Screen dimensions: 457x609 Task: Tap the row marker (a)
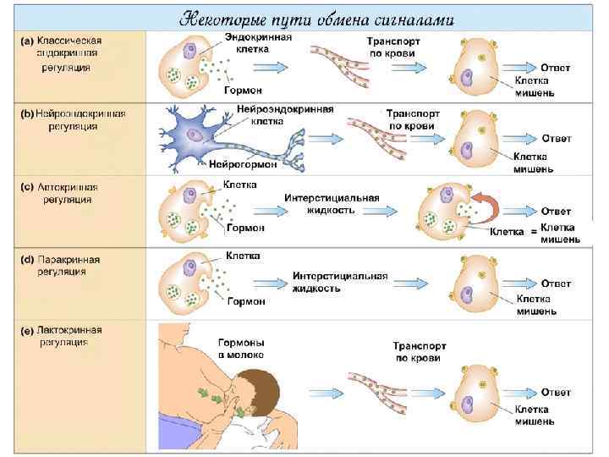[28, 40]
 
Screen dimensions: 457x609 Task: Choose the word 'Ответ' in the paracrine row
[556, 284]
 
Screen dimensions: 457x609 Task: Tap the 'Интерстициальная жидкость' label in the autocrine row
[331, 203]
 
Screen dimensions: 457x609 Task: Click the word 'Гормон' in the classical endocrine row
[243, 90]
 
